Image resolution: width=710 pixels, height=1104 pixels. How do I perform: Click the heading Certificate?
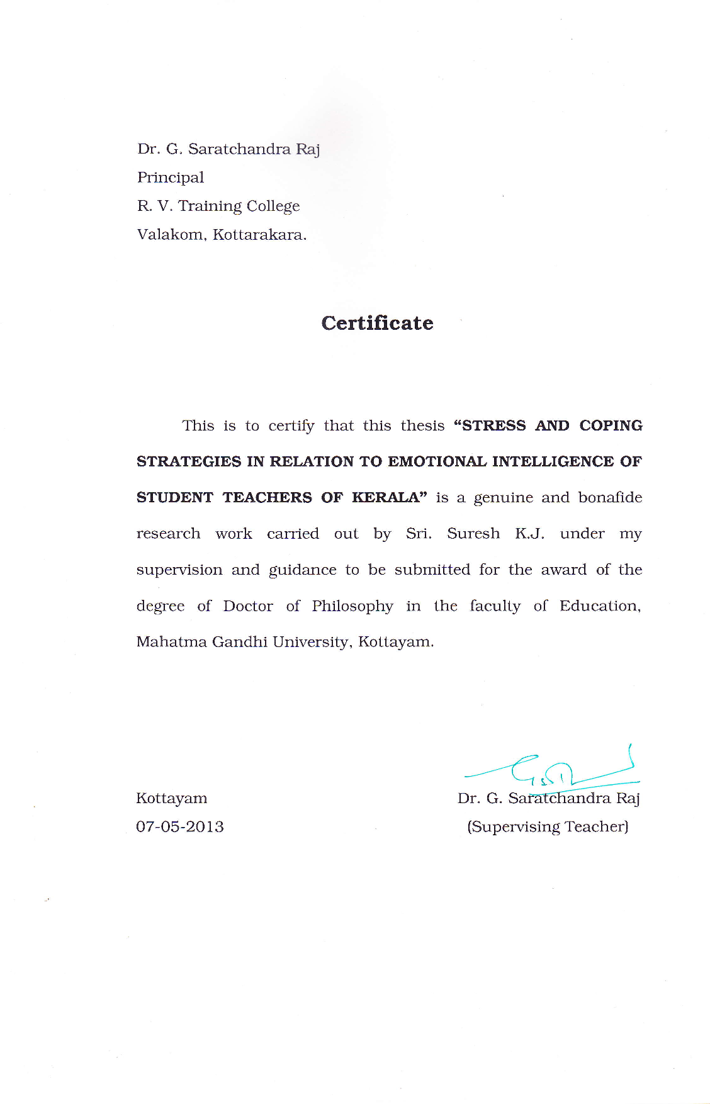click(x=377, y=323)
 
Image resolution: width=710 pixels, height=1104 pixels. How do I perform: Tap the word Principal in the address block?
click(x=171, y=177)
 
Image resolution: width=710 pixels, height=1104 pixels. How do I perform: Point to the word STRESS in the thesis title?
click(x=493, y=426)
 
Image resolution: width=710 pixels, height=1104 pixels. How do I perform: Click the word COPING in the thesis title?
click(x=611, y=426)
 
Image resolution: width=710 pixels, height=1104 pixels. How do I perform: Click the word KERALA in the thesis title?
click(x=385, y=498)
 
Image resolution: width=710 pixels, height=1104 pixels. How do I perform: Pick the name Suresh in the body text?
click(x=473, y=534)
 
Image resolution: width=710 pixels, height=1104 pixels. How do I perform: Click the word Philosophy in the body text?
click(x=352, y=606)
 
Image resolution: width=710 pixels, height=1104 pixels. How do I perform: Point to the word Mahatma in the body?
click(x=171, y=642)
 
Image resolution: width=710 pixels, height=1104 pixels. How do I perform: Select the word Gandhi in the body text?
click(x=240, y=642)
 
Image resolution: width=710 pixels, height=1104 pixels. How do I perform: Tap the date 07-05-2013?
click(x=180, y=826)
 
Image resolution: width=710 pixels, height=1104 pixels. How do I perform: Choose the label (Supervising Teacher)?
click(x=548, y=826)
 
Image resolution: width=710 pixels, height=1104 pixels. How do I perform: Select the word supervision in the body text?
click(x=179, y=570)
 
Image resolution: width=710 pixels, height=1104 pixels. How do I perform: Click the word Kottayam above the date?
click(x=171, y=798)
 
